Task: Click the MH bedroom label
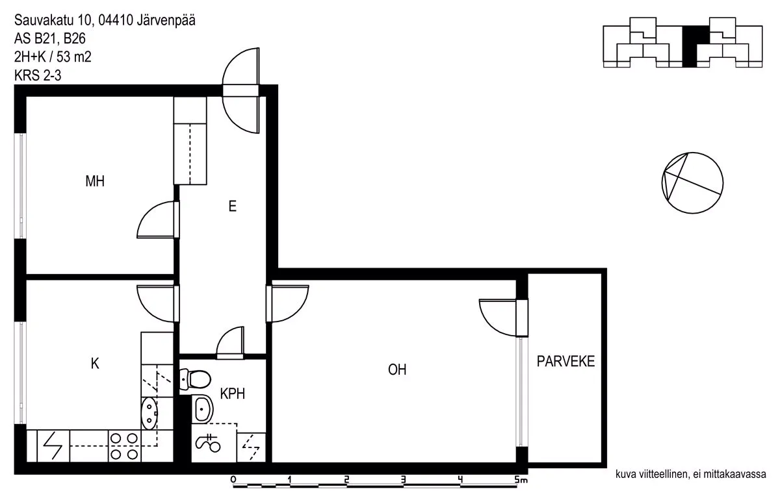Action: pos(95,181)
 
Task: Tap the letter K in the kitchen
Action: pos(95,364)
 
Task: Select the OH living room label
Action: pos(397,370)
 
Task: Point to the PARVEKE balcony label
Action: pos(565,362)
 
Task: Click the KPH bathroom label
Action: pos(232,394)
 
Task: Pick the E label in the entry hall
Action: pos(232,207)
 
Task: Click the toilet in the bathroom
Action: pos(195,379)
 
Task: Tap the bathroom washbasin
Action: pos(202,409)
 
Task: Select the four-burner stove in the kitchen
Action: pos(124,446)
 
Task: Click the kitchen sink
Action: pos(149,414)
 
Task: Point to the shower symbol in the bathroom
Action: pos(208,443)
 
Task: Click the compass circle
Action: pos(692,183)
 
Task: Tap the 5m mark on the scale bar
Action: pos(521,480)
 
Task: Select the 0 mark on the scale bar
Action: pos(233,479)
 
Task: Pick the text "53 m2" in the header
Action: pos(74,57)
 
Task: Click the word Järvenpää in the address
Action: pos(166,21)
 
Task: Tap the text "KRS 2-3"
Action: pos(38,75)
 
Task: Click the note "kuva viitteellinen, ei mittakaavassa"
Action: pos(691,474)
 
